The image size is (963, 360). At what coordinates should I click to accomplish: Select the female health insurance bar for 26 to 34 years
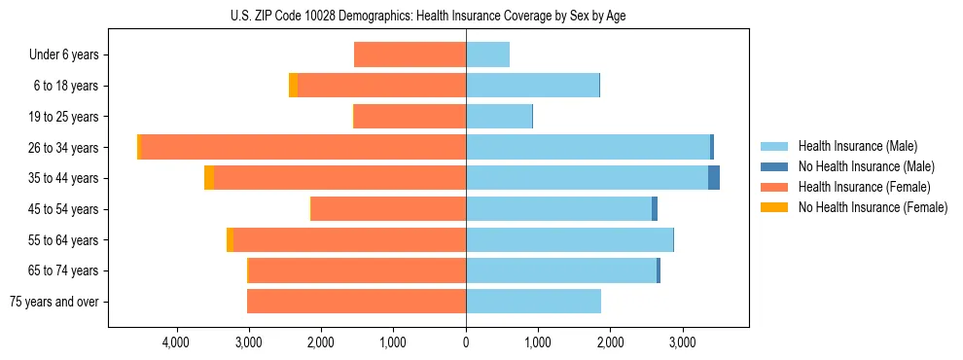(303, 147)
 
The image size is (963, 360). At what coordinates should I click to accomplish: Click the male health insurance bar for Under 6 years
(487, 54)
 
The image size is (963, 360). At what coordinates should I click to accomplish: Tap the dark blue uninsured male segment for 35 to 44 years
(714, 178)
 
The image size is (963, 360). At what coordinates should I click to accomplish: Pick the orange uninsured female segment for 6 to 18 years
(293, 86)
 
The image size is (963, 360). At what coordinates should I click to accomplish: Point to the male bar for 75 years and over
(533, 302)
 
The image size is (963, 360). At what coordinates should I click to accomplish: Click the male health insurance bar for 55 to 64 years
(569, 239)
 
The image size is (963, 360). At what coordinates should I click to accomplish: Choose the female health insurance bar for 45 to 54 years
(388, 209)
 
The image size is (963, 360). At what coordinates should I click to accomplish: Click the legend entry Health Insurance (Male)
(857, 146)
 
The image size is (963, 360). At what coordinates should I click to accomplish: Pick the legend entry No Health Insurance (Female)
(873, 207)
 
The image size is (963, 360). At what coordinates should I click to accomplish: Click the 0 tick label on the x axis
(466, 342)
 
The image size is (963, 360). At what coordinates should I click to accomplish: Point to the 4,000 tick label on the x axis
(176, 342)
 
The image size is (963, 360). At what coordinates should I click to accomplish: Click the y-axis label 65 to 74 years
(64, 270)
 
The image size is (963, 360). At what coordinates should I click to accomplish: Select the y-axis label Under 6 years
(64, 55)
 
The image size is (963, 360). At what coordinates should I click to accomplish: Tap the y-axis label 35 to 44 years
(64, 178)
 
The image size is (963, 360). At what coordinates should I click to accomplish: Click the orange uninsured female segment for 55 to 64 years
(230, 239)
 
